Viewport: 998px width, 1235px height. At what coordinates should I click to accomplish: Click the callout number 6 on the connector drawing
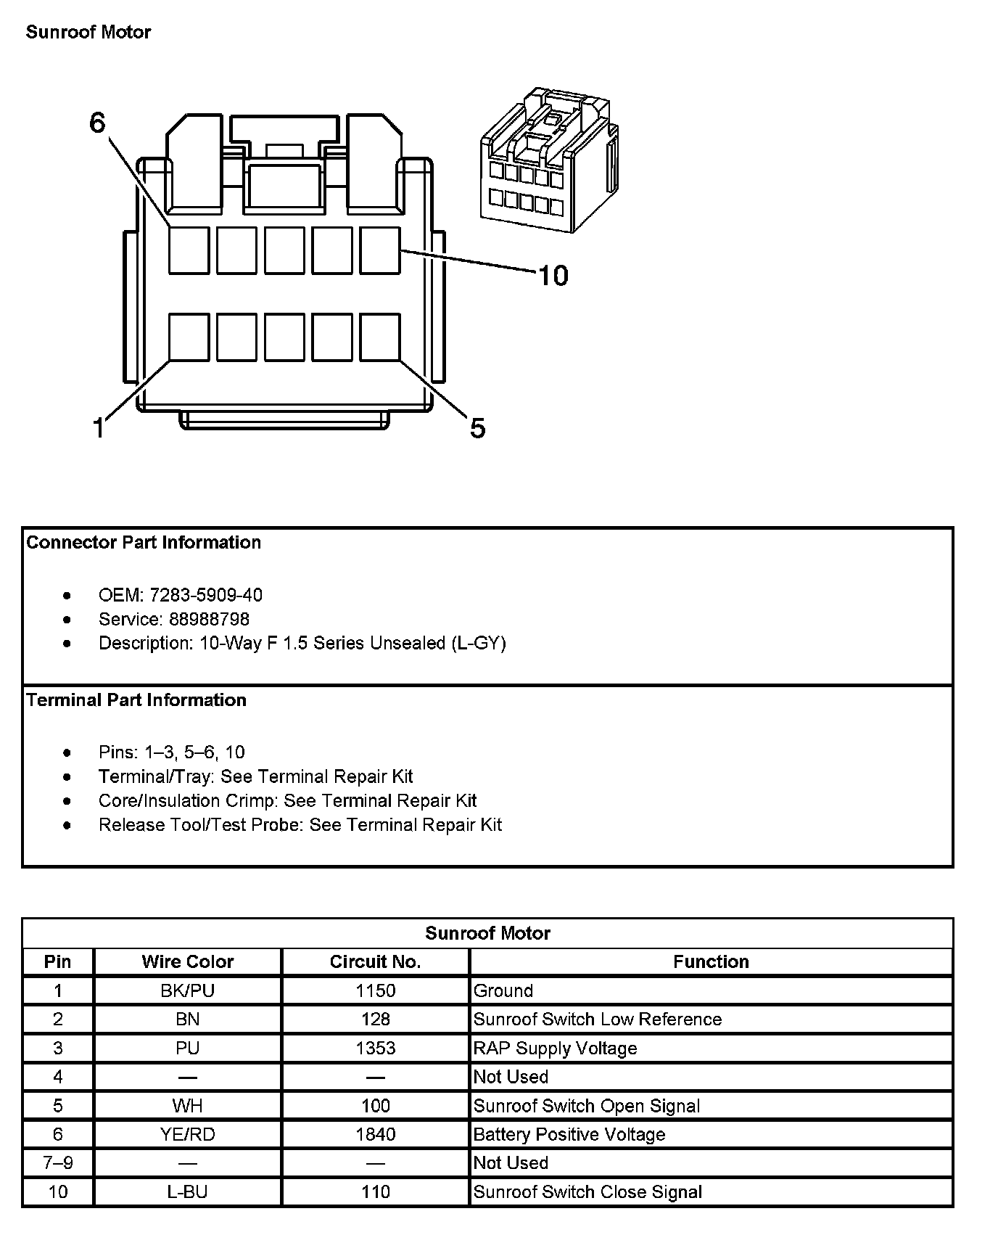[x=98, y=123]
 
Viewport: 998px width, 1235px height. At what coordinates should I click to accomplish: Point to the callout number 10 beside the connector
[x=553, y=276]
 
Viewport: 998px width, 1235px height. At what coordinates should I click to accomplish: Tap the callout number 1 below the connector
[x=99, y=428]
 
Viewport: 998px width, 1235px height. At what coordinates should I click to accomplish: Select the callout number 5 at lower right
[x=477, y=428]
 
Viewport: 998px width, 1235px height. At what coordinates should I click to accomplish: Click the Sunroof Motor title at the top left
[x=88, y=32]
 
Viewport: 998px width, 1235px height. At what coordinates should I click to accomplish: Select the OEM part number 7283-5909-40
[x=206, y=595]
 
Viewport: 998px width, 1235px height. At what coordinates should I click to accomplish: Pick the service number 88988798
[x=209, y=619]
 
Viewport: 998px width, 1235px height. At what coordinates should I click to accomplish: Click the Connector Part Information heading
[x=144, y=542]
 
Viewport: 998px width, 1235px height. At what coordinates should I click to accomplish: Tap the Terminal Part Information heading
[x=136, y=699]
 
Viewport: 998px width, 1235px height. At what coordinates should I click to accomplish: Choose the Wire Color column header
[x=188, y=961]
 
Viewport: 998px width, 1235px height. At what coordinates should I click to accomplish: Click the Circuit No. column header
[x=375, y=961]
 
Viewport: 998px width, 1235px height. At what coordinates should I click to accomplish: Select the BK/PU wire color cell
[x=188, y=990]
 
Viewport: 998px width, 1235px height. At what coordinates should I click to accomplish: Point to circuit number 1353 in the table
[x=376, y=1048]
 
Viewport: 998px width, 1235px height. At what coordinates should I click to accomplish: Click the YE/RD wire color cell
[x=188, y=1134]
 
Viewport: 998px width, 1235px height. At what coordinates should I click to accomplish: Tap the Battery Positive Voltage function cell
[x=569, y=1134]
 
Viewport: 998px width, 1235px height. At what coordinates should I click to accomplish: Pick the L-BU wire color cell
[x=188, y=1191]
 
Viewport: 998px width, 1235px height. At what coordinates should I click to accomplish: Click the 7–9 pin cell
[x=58, y=1162]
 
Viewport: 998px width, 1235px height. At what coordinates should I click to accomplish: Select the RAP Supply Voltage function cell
[x=556, y=1048]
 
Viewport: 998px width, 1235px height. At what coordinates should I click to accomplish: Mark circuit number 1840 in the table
[x=376, y=1134]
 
